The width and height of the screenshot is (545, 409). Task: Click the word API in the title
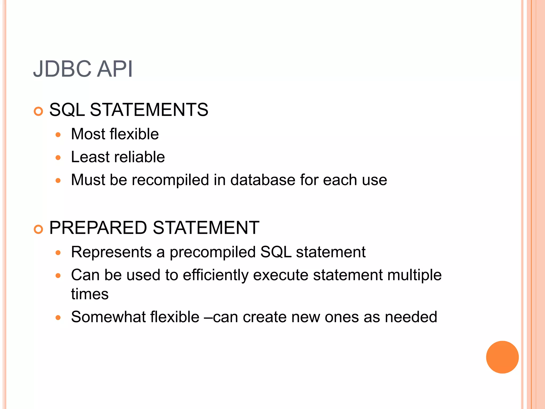point(115,69)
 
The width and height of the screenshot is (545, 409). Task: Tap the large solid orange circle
point(502,357)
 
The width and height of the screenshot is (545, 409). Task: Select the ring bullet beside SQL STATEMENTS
point(39,111)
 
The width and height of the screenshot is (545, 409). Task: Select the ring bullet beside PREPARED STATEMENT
point(39,229)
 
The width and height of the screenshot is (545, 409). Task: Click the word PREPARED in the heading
point(98,228)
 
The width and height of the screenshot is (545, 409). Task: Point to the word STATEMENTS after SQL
point(149,110)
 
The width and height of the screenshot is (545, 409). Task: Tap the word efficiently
point(216,275)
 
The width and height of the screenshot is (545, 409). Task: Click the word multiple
point(414,275)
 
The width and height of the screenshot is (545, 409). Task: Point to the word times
point(90,294)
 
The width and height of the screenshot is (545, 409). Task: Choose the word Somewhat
point(108,317)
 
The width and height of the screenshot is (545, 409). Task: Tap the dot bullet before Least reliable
point(58,158)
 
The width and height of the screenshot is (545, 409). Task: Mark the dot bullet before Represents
point(58,253)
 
